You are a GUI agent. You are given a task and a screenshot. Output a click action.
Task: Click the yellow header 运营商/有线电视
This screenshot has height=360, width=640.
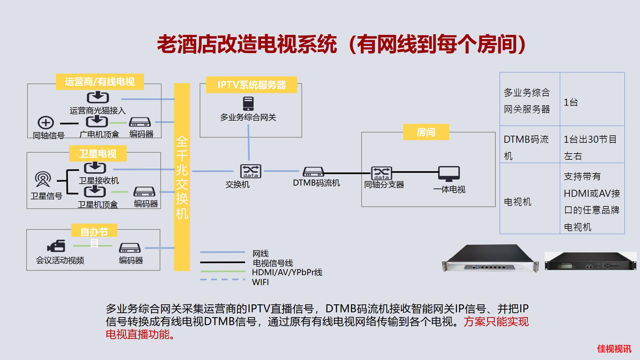(100, 82)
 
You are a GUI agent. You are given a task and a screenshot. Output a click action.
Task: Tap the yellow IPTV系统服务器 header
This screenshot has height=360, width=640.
(252, 85)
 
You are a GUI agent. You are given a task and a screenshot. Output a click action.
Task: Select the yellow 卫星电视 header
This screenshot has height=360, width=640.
(98, 154)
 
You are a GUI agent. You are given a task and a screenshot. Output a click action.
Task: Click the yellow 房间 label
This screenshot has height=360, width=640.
(426, 132)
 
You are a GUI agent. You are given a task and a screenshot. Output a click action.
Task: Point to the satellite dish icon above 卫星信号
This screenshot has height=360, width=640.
(43, 179)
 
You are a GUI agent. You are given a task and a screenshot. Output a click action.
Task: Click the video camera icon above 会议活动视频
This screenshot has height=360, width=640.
(56, 246)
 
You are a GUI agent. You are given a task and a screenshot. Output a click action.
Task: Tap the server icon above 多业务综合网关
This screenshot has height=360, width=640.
(248, 104)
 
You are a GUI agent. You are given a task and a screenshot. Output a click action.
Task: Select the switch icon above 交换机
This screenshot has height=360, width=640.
(251, 171)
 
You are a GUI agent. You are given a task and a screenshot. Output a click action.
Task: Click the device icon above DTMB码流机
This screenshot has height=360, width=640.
(313, 172)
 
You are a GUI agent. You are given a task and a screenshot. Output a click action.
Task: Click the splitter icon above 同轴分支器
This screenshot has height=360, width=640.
(381, 173)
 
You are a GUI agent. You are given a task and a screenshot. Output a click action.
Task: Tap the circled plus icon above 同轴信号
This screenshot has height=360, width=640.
(46, 123)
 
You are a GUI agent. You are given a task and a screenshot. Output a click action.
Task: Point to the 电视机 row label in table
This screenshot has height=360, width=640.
(517, 202)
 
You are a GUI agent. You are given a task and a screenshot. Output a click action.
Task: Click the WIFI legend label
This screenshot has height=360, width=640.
(260, 282)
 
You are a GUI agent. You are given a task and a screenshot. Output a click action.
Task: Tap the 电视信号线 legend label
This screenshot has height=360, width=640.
(273, 263)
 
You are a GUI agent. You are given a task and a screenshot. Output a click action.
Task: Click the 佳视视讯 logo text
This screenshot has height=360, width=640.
(614, 349)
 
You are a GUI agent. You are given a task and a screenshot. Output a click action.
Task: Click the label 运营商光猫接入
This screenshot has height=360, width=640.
(98, 111)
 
